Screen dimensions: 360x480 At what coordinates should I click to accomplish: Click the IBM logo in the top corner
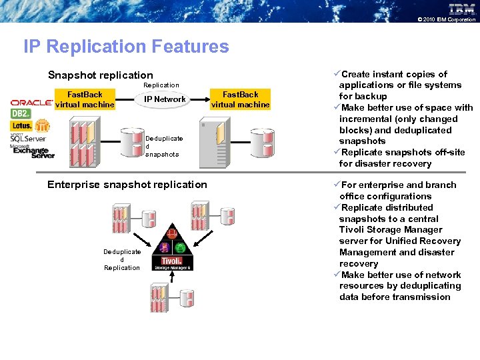[x=461, y=9]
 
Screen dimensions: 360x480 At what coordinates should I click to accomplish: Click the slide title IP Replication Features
[x=126, y=47]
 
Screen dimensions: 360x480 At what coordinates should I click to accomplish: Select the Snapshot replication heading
[x=101, y=75]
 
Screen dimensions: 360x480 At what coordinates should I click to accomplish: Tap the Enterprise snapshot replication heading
[x=127, y=185]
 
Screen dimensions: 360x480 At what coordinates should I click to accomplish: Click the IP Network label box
[x=165, y=99]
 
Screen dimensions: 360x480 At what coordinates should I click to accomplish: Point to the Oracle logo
[x=31, y=103]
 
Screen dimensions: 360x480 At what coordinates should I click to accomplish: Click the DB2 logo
[x=21, y=114]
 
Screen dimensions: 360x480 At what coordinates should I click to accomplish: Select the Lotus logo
[x=21, y=125]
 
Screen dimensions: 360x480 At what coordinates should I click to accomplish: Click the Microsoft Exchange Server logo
[x=32, y=151]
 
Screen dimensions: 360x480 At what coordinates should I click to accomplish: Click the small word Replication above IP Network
[x=161, y=85]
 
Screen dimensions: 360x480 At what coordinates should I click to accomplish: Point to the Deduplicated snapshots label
[x=163, y=146]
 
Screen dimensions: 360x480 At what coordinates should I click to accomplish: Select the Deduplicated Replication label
[x=122, y=259]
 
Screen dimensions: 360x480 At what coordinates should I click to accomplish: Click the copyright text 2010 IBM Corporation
[x=447, y=20]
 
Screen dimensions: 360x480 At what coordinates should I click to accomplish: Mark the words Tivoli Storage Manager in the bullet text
[x=391, y=230]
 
